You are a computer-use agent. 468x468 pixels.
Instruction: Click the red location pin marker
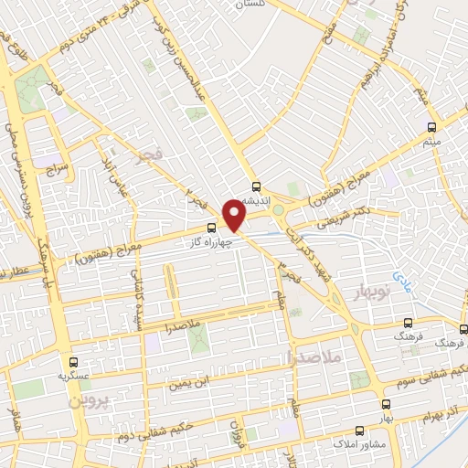click(x=234, y=216)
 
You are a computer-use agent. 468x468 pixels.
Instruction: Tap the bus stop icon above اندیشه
click(x=257, y=183)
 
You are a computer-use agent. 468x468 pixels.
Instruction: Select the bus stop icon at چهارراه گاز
click(x=212, y=227)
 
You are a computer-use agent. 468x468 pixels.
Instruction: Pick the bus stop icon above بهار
click(x=385, y=404)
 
